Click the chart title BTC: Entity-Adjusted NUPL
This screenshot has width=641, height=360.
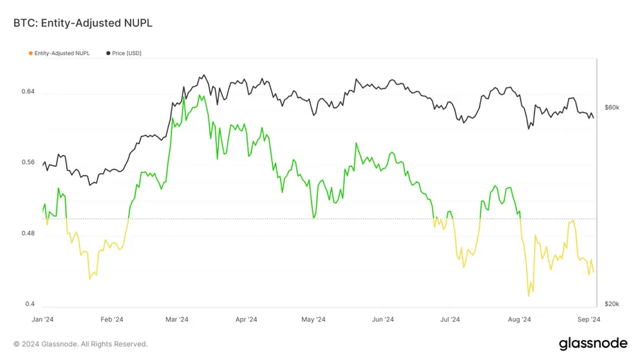83,23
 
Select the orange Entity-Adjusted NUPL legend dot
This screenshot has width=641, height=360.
30,53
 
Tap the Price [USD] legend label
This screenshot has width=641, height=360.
126,53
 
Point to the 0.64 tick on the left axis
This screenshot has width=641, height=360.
28,92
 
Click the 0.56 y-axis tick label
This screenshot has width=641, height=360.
28,162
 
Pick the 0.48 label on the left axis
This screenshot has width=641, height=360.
28,233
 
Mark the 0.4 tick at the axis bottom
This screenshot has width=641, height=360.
29,304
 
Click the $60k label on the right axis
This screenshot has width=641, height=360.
612,107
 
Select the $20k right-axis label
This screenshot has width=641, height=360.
612,304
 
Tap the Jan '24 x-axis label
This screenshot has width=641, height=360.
42,319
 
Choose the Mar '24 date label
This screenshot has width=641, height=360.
177,319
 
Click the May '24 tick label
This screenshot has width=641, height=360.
313,319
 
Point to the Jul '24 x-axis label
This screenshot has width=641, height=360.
451,319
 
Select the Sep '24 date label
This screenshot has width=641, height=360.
588,319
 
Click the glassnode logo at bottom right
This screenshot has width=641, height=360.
593,343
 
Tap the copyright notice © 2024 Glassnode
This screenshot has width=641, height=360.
81,344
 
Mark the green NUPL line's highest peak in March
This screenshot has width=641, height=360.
200,95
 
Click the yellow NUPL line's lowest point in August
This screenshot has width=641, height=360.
529,296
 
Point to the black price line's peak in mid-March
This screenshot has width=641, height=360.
203,75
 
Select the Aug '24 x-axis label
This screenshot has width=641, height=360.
519,319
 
